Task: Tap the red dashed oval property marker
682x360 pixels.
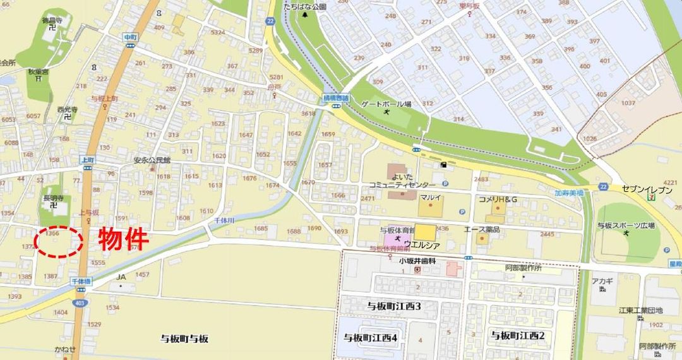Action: [x=58, y=241]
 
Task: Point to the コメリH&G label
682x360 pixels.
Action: [x=498, y=200]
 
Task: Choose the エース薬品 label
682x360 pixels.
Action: [x=482, y=229]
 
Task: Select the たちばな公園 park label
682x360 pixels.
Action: [x=305, y=6]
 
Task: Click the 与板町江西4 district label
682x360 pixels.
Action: [x=370, y=338]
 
